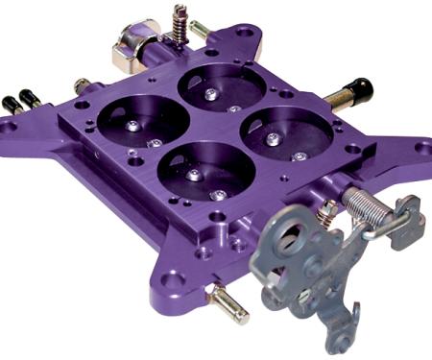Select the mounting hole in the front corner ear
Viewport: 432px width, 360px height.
(x=173, y=281)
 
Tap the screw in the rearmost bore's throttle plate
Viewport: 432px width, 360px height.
(x=207, y=94)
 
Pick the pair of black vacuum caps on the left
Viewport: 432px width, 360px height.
(x=22, y=102)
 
